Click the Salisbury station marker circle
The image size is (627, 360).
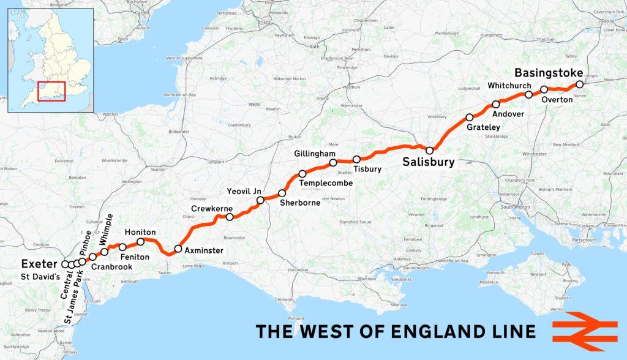(430, 150)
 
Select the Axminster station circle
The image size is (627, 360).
(178, 249)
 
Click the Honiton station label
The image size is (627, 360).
(140, 233)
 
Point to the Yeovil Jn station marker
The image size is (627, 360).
(260, 200)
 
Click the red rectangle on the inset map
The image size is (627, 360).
(51, 91)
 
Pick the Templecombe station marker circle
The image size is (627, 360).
(302, 173)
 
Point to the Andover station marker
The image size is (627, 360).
(496, 105)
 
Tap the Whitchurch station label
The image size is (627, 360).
(508, 84)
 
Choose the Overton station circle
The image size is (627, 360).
(544, 89)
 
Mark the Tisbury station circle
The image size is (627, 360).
(357, 159)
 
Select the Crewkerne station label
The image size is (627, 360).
(209, 209)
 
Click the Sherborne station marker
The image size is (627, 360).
(282, 193)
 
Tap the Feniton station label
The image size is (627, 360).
(135, 257)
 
